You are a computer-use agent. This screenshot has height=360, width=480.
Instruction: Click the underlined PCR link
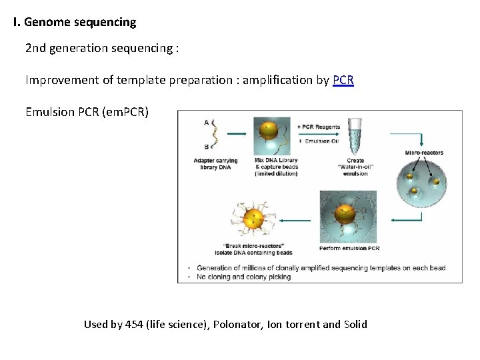click(x=343, y=80)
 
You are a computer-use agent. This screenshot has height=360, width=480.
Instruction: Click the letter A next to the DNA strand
click(x=207, y=122)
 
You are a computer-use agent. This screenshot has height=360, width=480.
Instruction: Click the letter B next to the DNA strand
click(x=207, y=147)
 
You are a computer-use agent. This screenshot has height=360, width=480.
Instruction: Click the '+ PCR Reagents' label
click(x=318, y=127)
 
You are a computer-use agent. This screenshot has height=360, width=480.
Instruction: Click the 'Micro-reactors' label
click(x=423, y=153)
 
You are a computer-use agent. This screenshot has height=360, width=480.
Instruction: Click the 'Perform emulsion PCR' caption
click(x=349, y=248)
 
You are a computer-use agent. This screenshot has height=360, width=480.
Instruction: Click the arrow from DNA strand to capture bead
click(x=237, y=134)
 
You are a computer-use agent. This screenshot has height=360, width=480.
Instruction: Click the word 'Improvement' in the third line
click(x=61, y=80)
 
